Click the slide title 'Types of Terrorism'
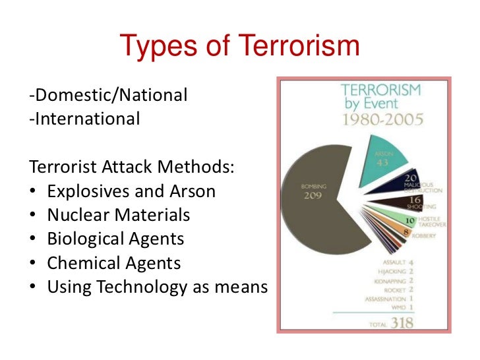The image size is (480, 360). [239, 47]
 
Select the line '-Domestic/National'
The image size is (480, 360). [109, 96]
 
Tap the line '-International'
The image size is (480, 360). [85, 119]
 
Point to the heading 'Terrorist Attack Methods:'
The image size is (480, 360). [132, 167]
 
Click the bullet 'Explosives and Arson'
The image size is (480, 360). [131, 191]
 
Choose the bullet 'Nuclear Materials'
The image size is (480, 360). [119, 215]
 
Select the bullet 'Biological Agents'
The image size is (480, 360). [115, 239]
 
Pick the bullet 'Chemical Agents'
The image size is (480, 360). [113, 263]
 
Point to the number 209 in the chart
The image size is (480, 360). [313, 196]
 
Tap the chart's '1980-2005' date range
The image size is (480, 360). [381, 119]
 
